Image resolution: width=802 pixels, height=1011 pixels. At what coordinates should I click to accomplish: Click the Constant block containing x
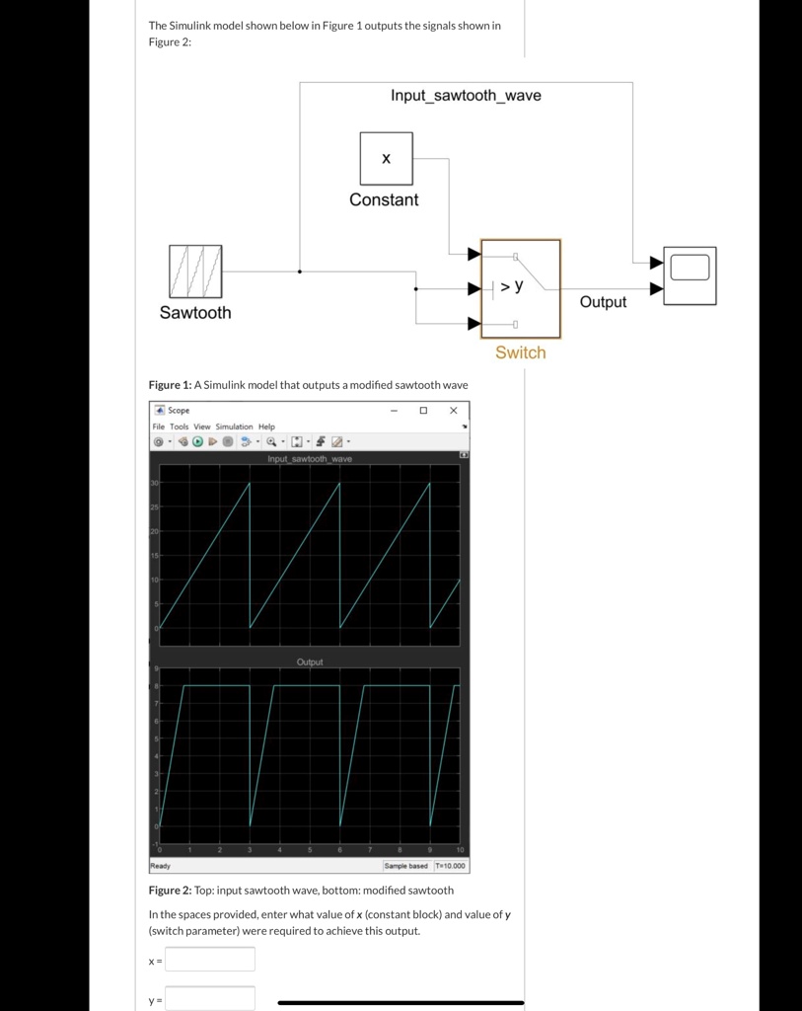pyautogui.click(x=386, y=159)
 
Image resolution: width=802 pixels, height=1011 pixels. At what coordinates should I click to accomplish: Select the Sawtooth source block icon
pyautogui.click(x=195, y=272)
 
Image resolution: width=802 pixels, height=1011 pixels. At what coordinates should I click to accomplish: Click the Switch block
pyautogui.click(x=520, y=288)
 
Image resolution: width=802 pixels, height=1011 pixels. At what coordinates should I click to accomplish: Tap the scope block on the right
pyautogui.click(x=690, y=275)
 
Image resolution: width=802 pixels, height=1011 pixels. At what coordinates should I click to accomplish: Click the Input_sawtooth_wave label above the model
pyautogui.click(x=466, y=96)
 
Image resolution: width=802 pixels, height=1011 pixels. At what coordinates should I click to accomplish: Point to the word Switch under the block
pyautogui.click(x=520, y=352)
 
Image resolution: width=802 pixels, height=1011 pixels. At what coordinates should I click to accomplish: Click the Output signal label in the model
pyautogui.click(x=603, y=302)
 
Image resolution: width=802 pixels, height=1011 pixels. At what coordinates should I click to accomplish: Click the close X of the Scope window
pyautogui.click(x=454, y=410)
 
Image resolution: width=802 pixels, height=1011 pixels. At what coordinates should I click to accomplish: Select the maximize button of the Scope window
pyautogui.click(x=423, y=410)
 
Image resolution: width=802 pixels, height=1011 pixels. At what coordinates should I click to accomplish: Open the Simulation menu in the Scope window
pyautogui.click(x=235, y=427)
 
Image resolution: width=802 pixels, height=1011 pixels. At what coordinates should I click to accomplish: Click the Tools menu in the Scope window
pyautogui.click(x=179, y=427)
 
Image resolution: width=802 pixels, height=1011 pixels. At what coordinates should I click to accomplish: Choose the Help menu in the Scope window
pyautogui.click(x=266, y=427)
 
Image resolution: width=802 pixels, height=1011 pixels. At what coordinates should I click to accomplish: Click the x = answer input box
pyautogui.click(x=209, y=959)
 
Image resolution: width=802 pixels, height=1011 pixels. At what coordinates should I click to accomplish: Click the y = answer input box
pyautogui.click(x=209, y=998)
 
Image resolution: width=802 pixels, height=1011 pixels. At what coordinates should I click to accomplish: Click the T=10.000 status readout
pyautogui.click(x=450, y=866)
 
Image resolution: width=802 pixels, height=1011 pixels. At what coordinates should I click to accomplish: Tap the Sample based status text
pyautogui.click(x=406, y=866)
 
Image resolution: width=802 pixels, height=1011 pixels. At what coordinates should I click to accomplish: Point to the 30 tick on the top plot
pyautogui.click(x=155, y=483)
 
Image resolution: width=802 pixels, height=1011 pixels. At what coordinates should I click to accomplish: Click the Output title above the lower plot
pyautogui.click(x=310, y=661)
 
